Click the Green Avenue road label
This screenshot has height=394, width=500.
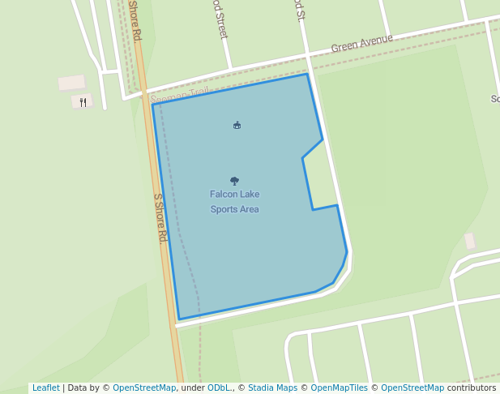[x=361, y=43]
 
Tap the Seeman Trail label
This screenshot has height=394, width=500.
[x=180, y=95]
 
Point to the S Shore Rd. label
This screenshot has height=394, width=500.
[x=160, y=218]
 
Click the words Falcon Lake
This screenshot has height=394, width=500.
[x=234, y=195]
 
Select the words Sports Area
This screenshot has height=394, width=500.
[x=234, y=209]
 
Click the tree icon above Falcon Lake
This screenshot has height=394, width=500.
[x=234, y=181]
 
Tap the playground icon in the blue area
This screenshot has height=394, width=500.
[x=237, y=125]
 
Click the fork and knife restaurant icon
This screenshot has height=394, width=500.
[x=83, y=102]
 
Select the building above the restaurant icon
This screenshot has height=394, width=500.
[x=71, y=83]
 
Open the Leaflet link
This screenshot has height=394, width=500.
[x=45, y=388]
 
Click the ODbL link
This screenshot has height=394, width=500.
[x=218, y=388]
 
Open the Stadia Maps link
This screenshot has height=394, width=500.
[x=272, y=388]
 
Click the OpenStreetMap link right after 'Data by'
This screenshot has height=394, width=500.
[x=144, y=388]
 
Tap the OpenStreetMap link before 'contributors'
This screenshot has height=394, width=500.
[x=412, y=388]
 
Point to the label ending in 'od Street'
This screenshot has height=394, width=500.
[x=220, y=18]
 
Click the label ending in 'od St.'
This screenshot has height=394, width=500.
[x=300, y=10]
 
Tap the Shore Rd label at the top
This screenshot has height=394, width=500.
[x=135, y=20]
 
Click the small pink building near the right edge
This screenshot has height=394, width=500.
[x=470, y=241]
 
